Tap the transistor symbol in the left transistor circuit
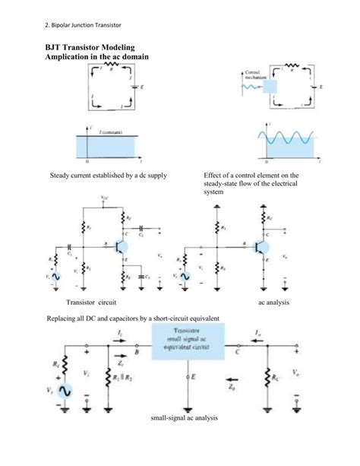[x=119, y=246]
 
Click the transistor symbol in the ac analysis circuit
[x=261, y=246]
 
